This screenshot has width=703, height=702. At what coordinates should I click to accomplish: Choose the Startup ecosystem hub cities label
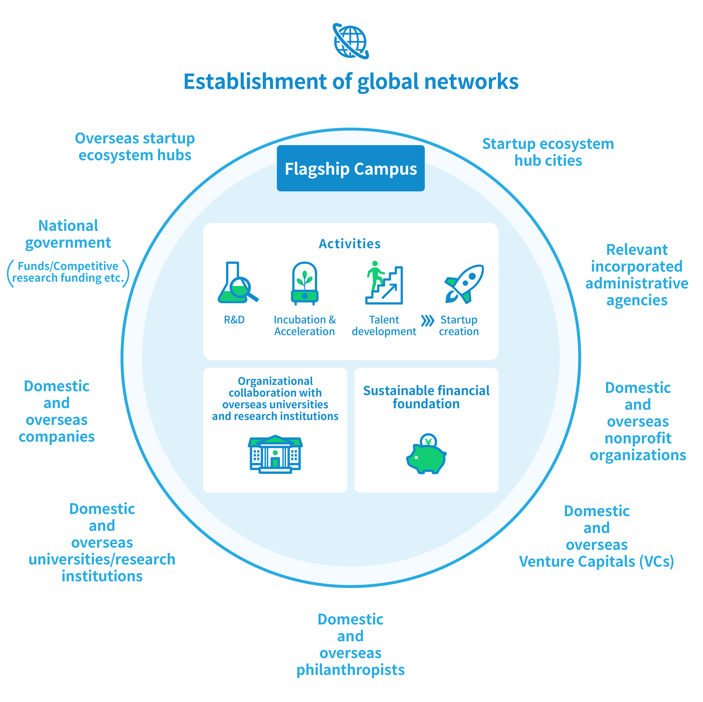(x=548, y=152)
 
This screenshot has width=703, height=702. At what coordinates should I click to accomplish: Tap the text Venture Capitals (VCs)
(x=596, y=561)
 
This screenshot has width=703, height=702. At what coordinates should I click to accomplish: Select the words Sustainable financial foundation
(x=426, y=397)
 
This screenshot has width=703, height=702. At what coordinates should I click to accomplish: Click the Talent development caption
(x=384, y=326)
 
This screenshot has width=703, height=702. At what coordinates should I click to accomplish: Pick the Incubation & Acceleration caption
(x=305, y=326)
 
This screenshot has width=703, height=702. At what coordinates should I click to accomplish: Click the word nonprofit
(x=638, y=438)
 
